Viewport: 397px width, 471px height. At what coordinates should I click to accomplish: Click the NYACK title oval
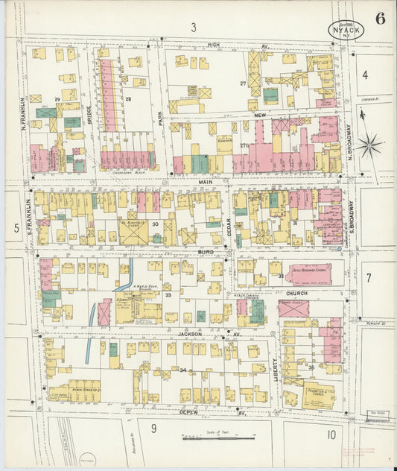tap(346, 30)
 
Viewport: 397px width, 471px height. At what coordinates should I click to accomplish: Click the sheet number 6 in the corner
tap(380, 19)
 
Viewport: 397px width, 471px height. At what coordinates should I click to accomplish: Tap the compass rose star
tap(368, 144)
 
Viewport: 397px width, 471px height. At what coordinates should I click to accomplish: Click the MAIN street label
tap(206, 181)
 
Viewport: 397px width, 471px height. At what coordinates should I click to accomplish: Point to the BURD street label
tap(206, 253)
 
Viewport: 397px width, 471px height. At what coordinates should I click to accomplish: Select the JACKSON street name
tap(190, 335)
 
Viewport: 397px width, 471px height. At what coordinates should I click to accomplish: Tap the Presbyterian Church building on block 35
tap(318, 394)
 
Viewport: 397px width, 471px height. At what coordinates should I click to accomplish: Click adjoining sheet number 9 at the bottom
tap(153, 428)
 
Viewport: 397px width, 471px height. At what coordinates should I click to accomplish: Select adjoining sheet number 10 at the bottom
tap(330, 434)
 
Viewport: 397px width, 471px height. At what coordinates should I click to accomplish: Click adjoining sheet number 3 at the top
tap(193, 28)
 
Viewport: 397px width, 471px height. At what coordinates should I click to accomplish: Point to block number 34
tap(182, 369)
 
